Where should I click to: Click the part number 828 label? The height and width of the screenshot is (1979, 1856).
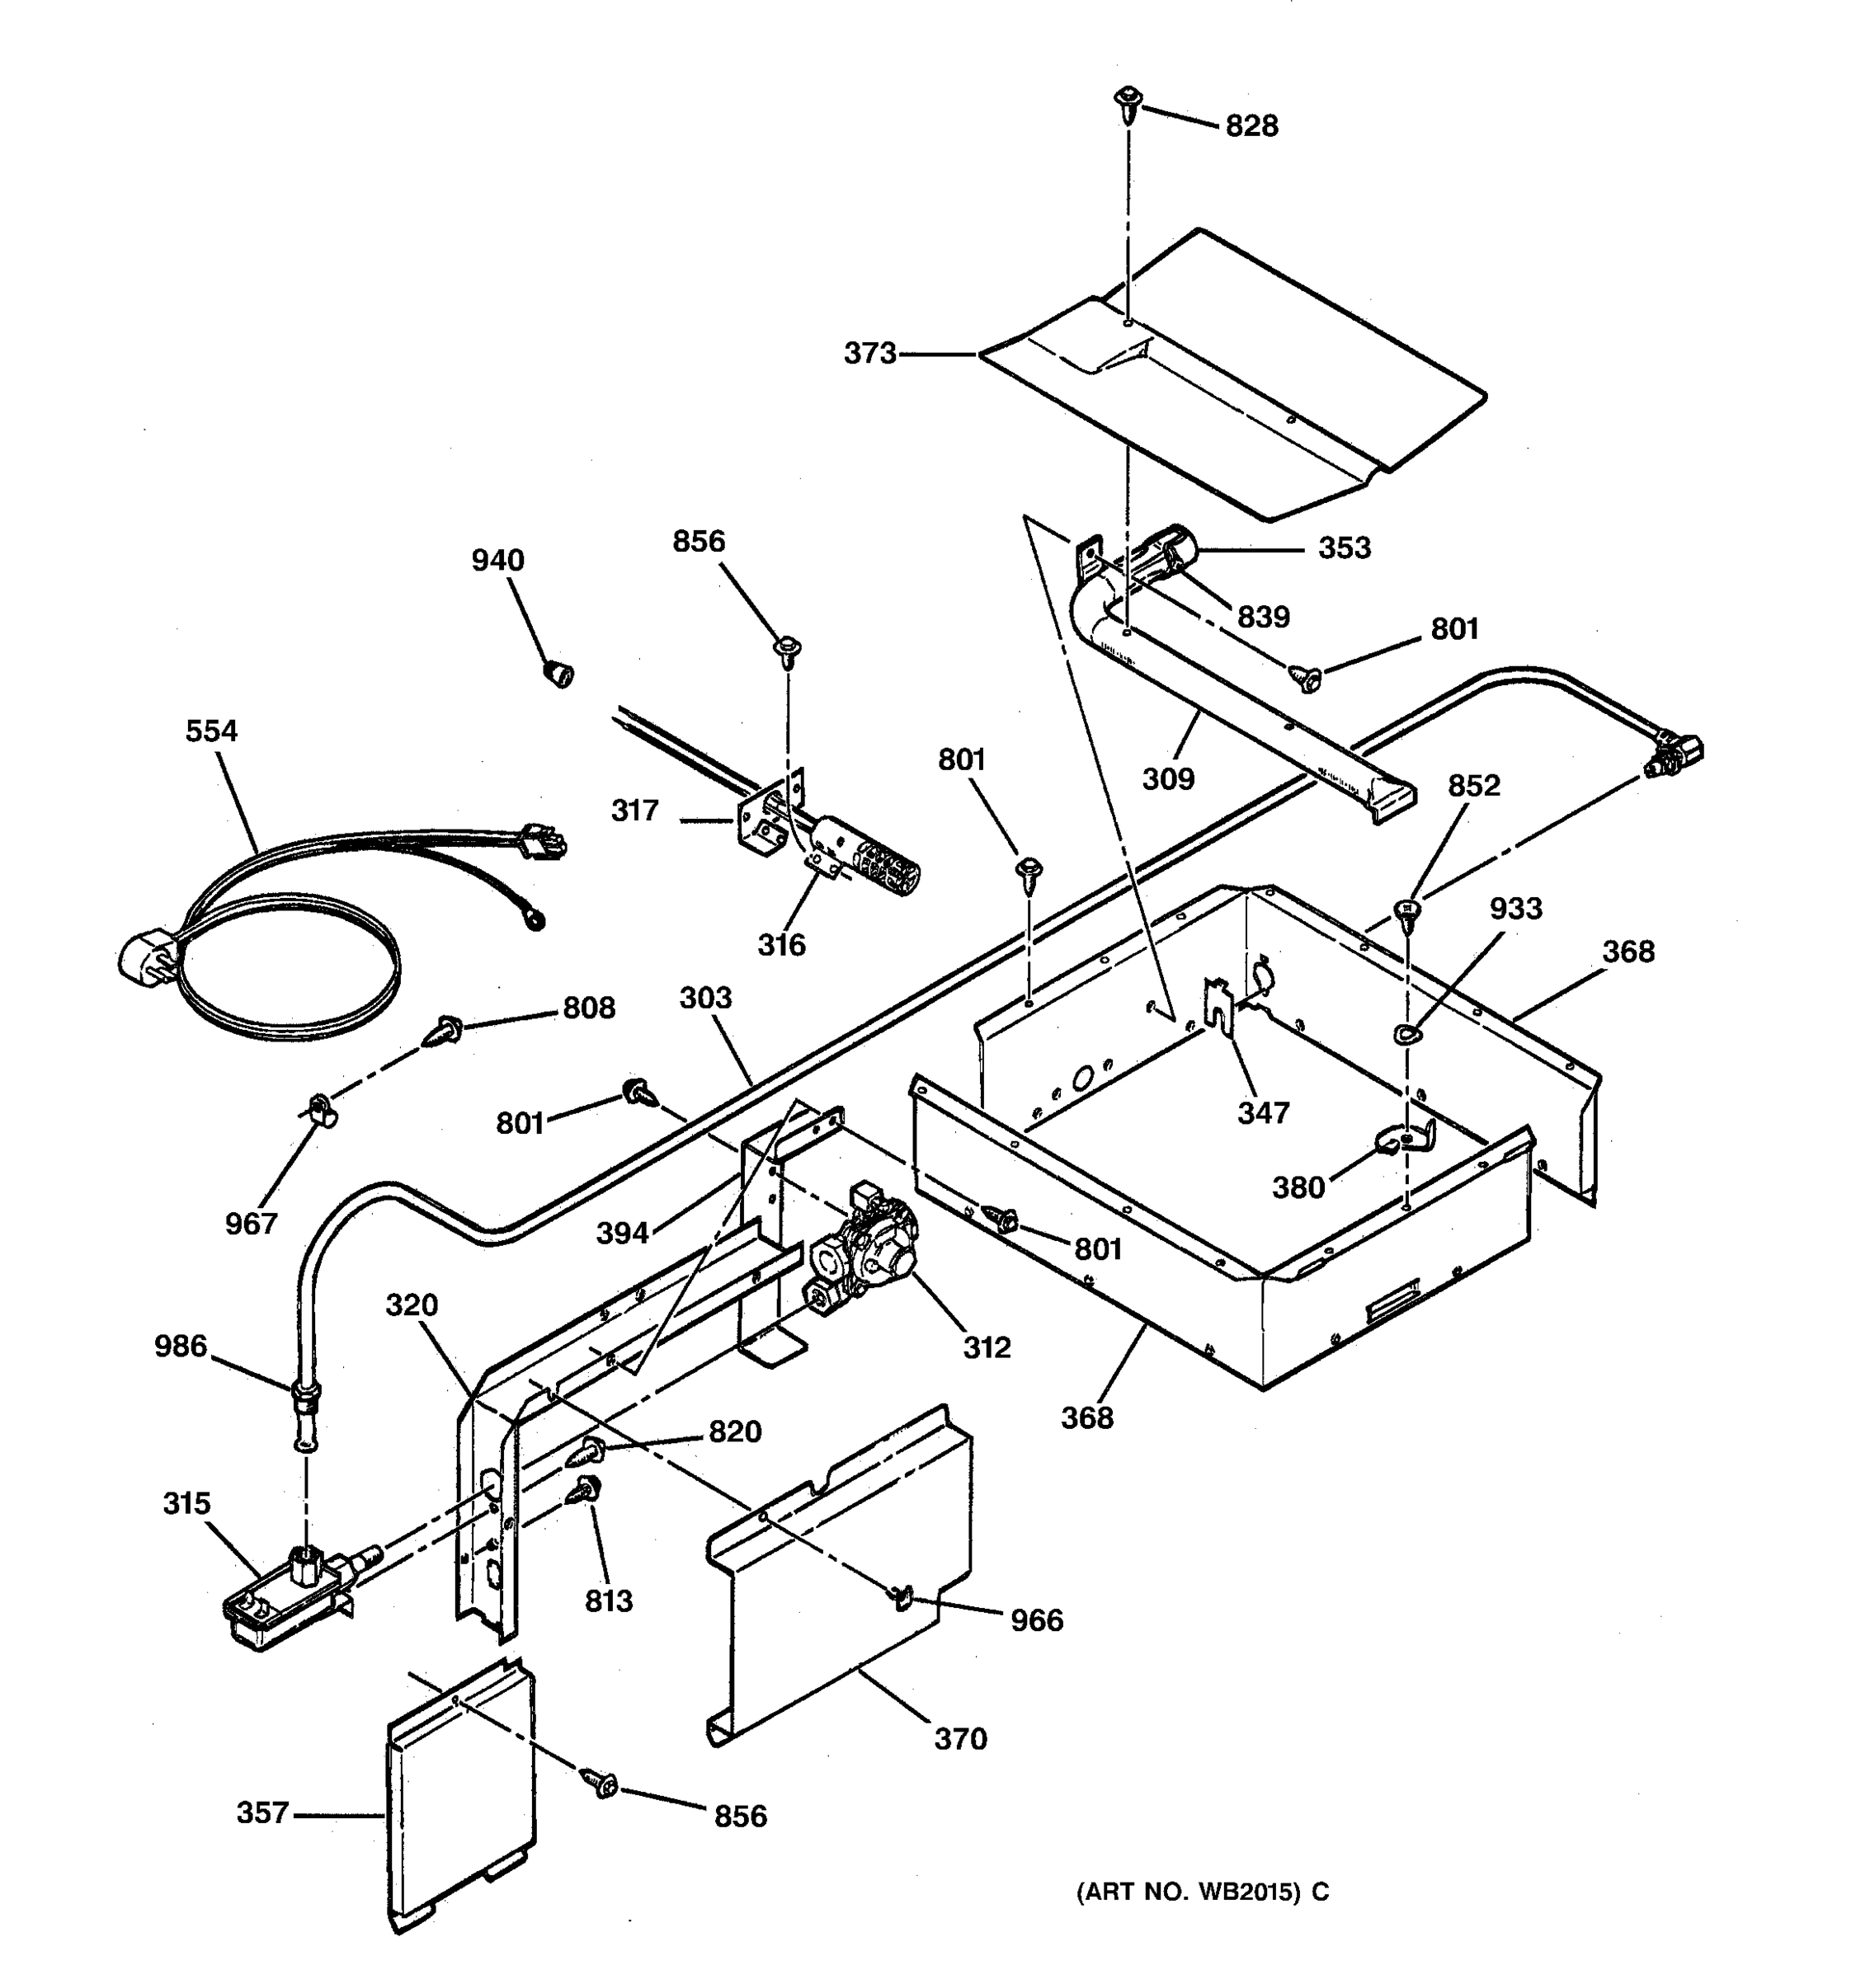1251,125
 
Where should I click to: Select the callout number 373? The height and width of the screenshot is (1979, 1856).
869,354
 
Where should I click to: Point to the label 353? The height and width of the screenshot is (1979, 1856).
1345,548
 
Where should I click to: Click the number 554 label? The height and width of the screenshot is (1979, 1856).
211,731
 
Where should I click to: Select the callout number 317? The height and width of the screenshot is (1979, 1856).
634,811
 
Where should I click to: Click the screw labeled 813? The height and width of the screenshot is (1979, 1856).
583,1491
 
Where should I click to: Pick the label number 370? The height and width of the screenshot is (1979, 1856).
960,1739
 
